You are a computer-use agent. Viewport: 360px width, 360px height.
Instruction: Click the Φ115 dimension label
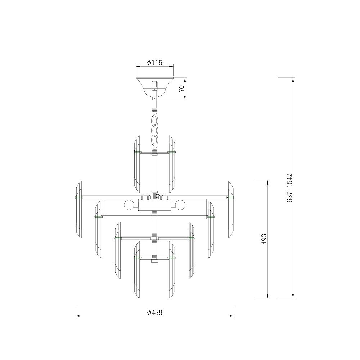tap(154, 62)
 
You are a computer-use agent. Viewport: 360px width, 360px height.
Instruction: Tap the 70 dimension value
tap(181, 89)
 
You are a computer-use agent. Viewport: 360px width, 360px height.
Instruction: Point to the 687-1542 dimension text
tap(289, 188)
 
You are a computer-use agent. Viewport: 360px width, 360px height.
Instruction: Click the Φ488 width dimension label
tap(154, 312)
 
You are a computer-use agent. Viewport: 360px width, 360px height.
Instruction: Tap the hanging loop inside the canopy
tap(155, 85)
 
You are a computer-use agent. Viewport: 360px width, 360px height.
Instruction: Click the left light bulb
tap(129, 204)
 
